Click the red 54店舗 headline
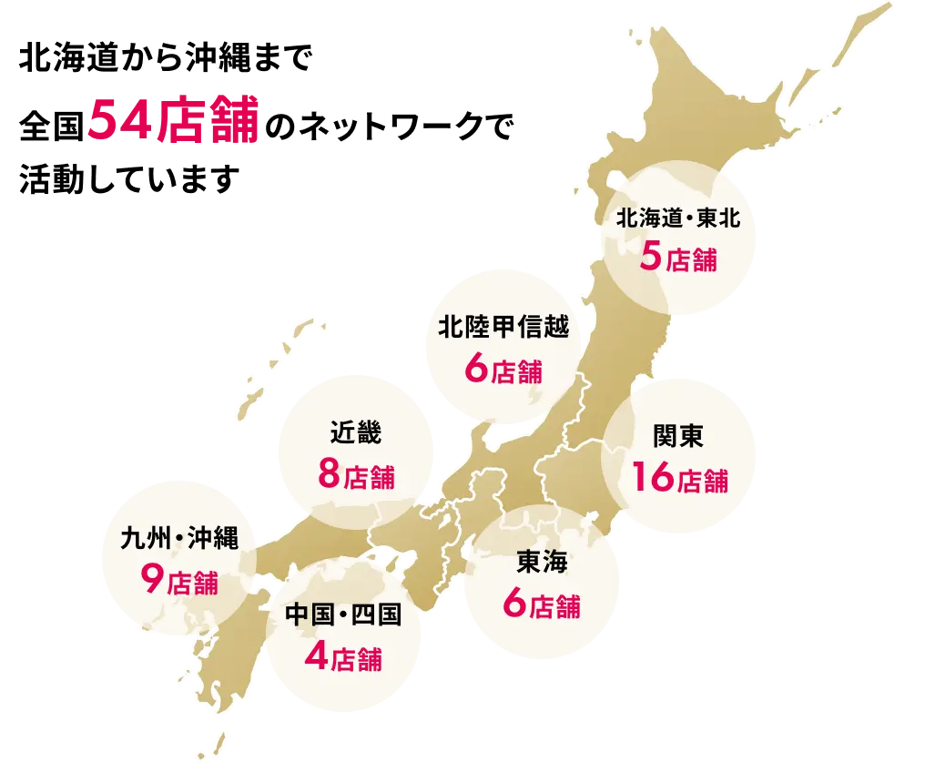(174, 120)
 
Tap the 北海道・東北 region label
(679, 218)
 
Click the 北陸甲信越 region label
(503, 329)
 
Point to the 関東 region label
(678, 437)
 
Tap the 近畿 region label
(356, 433)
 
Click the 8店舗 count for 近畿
(356, 474)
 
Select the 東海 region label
(541, 563)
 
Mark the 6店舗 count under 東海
(541, 604)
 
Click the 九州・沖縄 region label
(178, 540)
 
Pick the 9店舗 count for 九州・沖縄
(179, 580)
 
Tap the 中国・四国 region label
(342, 615)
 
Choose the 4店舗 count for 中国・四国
(343, 657)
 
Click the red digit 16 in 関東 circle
(652, 477)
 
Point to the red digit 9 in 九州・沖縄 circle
(152, 580)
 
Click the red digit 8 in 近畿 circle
(329, 474)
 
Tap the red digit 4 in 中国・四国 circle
(316, 657)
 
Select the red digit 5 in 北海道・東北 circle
(651, 258)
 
